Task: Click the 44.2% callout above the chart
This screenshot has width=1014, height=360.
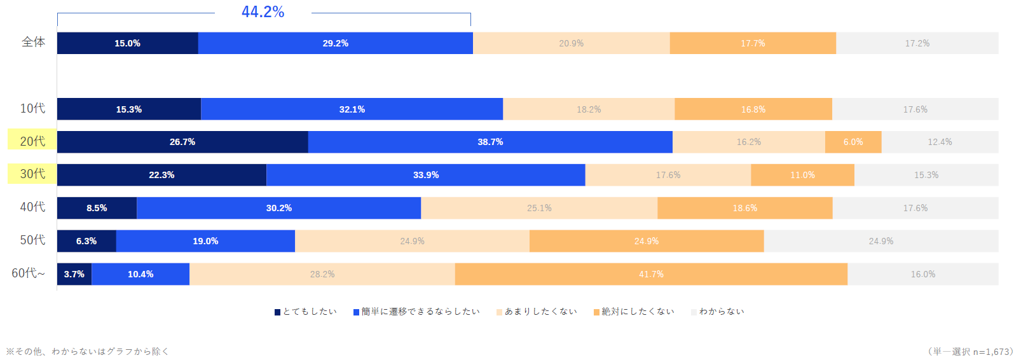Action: (x=263, y=12)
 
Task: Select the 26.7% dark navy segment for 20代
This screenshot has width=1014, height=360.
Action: (x=182, y=142)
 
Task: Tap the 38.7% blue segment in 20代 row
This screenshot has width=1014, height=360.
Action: (x=490, y=142)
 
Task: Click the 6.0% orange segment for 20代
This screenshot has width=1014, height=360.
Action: (x=853, y=142)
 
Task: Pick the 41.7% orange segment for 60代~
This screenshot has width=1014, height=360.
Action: (x=651, y=274)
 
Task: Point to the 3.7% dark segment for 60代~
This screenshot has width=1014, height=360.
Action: (x=74, y=274)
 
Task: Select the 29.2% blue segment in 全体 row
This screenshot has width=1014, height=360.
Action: (x=335, y=43)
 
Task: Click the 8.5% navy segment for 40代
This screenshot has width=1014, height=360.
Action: (x=97, y=208)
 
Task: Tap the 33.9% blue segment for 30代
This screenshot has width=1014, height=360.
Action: (x=425, y=175)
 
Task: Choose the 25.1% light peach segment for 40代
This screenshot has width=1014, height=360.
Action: (x=539, y=208)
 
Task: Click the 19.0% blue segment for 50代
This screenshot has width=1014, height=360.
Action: (x=205, y=241)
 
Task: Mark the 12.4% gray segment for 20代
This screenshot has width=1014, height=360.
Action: (x=940, y=142)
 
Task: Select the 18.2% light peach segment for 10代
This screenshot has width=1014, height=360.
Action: (x=589, y=109)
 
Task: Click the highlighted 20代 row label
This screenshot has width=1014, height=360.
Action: (x=32, y=141)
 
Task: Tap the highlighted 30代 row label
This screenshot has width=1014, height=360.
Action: (x=32, y=174)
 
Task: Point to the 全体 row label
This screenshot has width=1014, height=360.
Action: (x=34, y=42)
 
